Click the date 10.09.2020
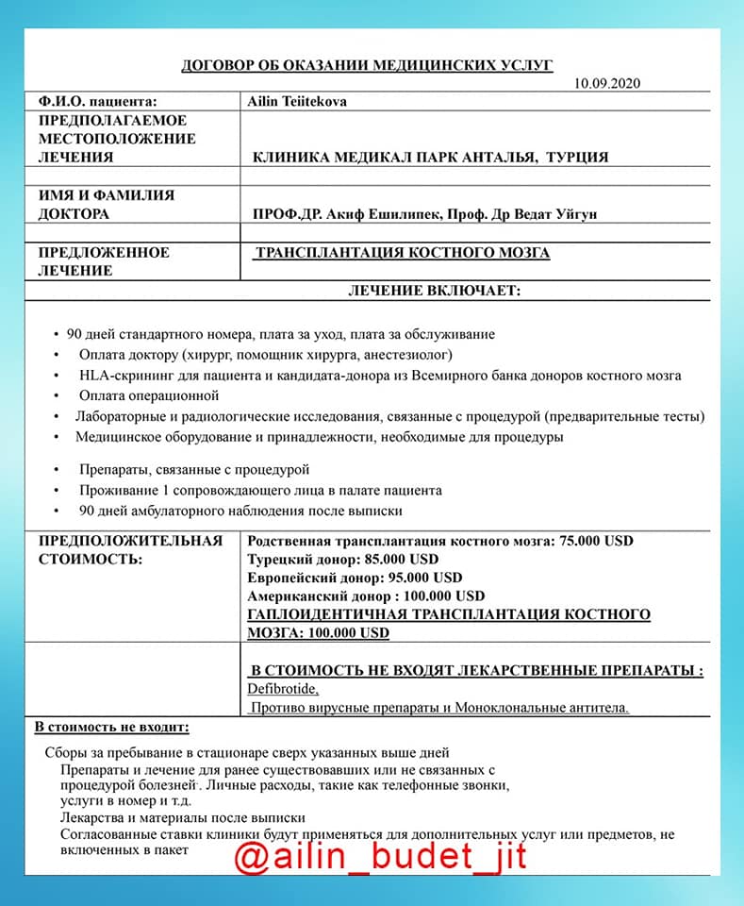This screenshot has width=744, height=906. (x=607, y=83)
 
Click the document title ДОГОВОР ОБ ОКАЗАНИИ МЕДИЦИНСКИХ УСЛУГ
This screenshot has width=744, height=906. (x=367, y=65)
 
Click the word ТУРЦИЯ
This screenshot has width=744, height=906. (x=577, y=158)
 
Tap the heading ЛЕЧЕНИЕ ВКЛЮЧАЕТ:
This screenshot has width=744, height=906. (x=434, y=291)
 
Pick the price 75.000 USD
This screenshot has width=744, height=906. (x=596, y=541)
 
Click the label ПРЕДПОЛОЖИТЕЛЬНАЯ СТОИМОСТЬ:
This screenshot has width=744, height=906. (x=130, y=549)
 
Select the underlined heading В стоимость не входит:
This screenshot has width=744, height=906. (x=112, y=728)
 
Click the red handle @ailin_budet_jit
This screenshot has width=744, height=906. (x=380, y=858)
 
